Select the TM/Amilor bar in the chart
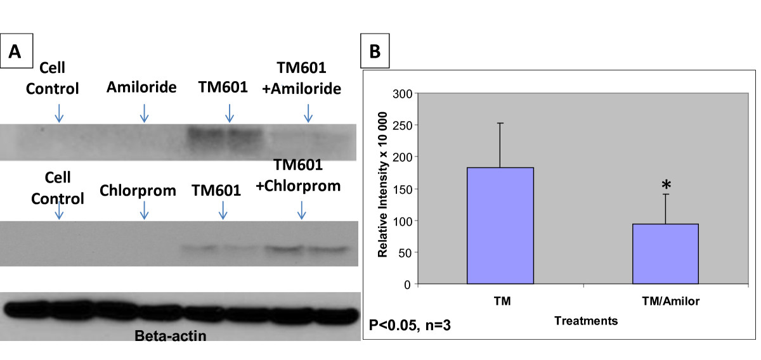666,254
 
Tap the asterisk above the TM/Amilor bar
666,185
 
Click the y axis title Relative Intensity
383,189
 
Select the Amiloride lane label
141,87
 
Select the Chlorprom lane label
138,190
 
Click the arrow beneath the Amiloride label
144,113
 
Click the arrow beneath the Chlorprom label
144,210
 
